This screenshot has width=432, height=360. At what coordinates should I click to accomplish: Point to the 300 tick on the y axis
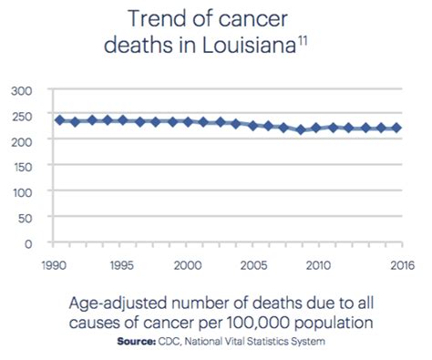click(21, 89)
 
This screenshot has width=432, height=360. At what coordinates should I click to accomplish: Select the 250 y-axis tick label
click(21, 115)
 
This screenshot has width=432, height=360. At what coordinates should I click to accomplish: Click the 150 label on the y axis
click(21, 166)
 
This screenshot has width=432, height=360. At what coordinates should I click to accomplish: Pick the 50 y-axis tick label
click(25, 217)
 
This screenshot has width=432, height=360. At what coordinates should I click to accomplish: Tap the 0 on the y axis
click(28, 242)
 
